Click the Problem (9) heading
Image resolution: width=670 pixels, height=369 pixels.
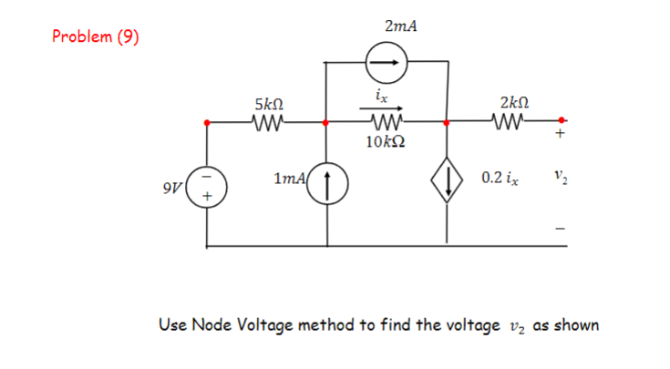pos(95,37)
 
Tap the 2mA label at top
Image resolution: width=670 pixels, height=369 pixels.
pos(401,26)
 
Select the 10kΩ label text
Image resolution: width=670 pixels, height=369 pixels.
pos(386,142)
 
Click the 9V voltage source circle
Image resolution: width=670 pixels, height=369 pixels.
pos(208,186)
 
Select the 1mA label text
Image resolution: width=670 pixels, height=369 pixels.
pos(291,180)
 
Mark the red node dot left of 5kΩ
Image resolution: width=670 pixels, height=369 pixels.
pos(208,121)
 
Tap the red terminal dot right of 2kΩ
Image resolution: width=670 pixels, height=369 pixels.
pos(562,120)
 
